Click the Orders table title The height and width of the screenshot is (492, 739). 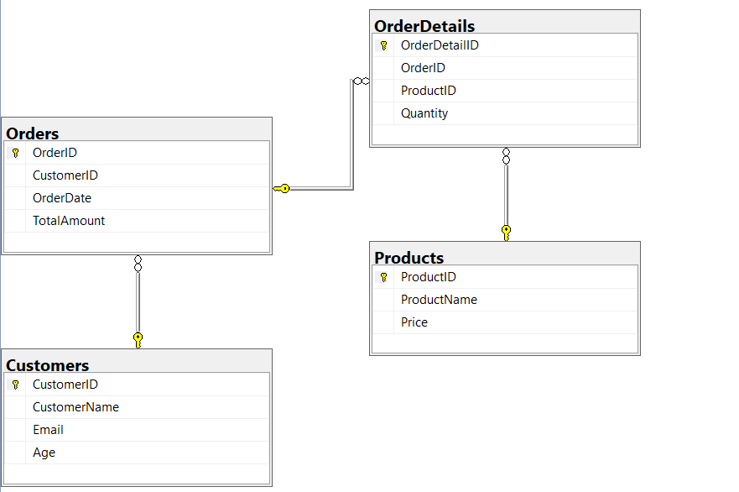click(x=33, y=133)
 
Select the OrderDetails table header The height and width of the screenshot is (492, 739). click(x=424, y=26)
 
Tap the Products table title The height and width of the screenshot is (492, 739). click(x=409, y=258)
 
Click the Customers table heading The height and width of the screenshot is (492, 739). click(x=47, y=365)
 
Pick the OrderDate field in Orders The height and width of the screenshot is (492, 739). click(x=62, y=198)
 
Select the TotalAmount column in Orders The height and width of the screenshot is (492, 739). click(x=69, y=221)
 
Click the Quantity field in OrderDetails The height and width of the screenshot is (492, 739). click(x=424, y=113)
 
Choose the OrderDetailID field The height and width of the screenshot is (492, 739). click(x=440, y=45)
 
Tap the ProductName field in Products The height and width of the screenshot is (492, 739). click(x=439, y=300)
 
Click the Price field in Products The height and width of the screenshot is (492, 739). click(x=414, y=322)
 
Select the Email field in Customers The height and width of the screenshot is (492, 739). click(x=48, y=430)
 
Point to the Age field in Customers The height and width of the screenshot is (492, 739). click(x=44, y=453)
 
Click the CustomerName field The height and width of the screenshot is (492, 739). click(x=75, y=407)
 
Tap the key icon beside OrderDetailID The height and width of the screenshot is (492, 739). click(x=383, y=45)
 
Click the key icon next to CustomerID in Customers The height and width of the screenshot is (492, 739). click(x=15, y=385)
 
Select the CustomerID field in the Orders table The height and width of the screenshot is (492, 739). click(x=65, y=175)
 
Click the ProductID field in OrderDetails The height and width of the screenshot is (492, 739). click(x=428, y=91)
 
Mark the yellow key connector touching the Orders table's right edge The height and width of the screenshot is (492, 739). click(x=282, y=189)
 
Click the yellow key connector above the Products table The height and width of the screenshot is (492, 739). click(x=506, y=232)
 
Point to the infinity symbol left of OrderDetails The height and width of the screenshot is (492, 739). click(x=361, y=81)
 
